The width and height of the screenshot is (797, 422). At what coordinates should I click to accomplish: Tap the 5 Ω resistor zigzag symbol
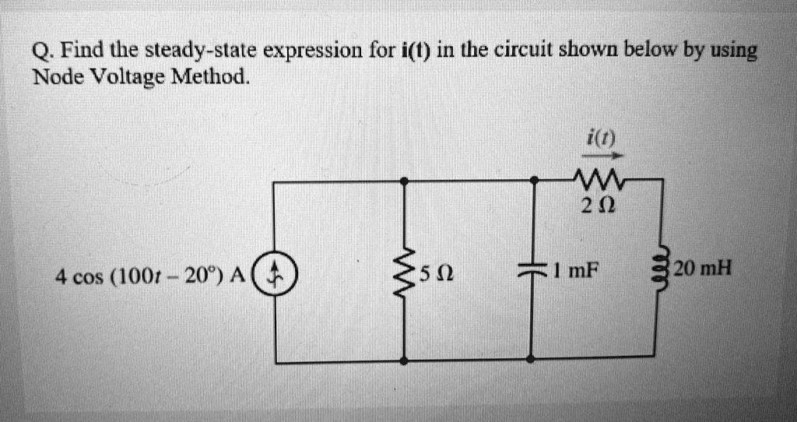[x=403, y=273]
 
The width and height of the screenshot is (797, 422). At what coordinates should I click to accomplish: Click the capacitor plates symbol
[x=532, y=272]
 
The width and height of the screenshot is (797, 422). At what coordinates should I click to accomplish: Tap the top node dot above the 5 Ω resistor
[x=403, y=181]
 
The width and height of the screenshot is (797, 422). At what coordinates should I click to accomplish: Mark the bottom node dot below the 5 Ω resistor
[x=403, y=360]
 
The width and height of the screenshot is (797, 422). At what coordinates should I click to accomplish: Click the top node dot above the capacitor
[x=533, y=181]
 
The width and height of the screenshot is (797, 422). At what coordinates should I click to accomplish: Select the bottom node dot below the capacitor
[x=532, y=359]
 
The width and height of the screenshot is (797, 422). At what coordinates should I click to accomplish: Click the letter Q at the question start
[x=41, y=54]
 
